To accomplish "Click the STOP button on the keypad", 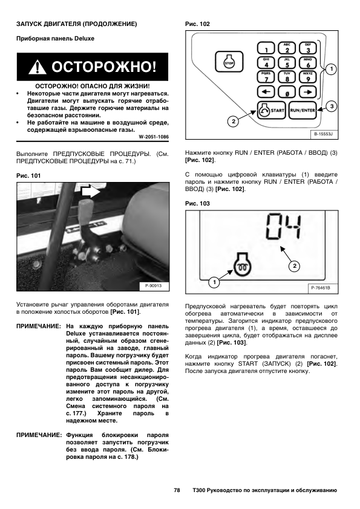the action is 229,62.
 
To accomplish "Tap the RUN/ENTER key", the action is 303,111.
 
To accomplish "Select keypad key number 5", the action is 287,63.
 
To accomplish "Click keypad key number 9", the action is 308,77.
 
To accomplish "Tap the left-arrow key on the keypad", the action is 266,92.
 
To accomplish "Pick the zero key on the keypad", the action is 287,92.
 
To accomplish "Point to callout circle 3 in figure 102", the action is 332,106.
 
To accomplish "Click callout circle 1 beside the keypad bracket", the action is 331,69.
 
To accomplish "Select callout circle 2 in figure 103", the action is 295,266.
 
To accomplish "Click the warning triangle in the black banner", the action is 37,67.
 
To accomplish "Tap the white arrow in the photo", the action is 91,192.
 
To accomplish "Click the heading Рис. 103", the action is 197,204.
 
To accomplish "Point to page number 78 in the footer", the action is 177,490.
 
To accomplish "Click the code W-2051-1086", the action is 154,137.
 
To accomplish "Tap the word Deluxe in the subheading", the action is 84,38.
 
